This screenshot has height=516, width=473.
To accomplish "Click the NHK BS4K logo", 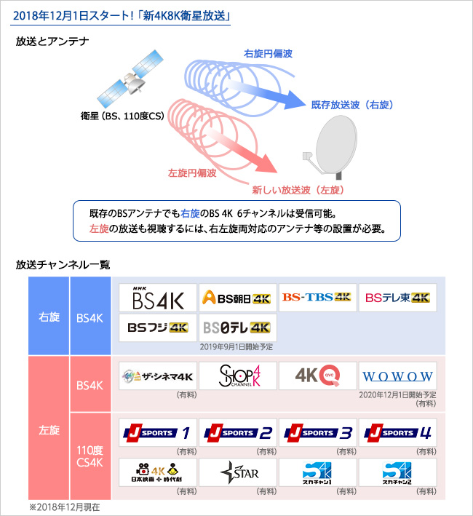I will tap(158, 298).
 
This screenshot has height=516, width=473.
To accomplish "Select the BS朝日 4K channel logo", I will tap(238, 298).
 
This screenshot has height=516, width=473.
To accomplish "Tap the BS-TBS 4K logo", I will tap(318, 298).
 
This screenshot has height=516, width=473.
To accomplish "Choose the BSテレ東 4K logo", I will tap(398, 298).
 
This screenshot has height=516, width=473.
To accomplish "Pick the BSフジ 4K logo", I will tap(158, 328).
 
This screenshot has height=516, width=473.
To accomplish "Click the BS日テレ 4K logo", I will tap(238, 328).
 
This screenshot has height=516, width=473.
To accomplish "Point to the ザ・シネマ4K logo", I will tap(158, 376).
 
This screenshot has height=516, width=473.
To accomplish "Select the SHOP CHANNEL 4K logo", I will tap(238, 376).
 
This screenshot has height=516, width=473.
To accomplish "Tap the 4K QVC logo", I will tap(318, 376).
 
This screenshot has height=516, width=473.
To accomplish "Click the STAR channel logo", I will tap(238, 473).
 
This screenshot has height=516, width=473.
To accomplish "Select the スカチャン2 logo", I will tap(398, 473).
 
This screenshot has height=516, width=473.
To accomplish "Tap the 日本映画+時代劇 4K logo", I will tap(158, 473).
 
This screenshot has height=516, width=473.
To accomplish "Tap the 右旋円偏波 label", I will tap(266, 54).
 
